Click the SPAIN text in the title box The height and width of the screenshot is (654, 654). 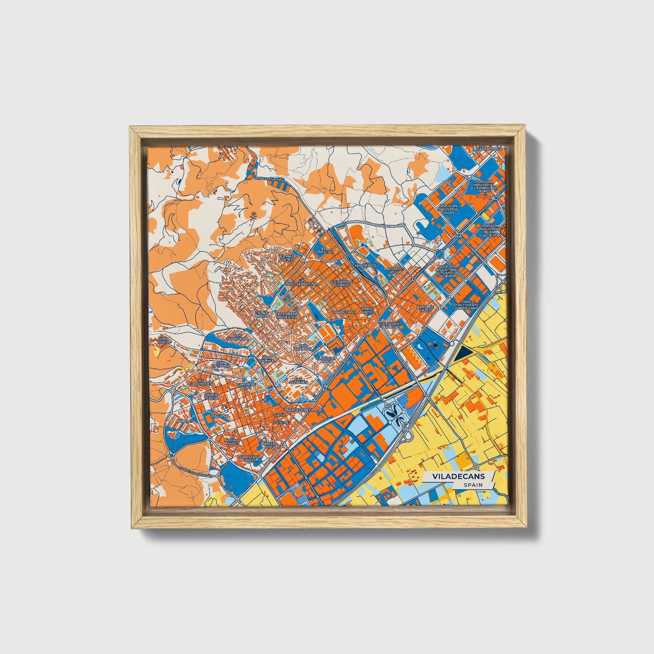pos(473,485)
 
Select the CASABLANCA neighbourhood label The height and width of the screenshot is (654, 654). pos(489,149)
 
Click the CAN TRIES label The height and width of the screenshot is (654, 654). pos(163,340)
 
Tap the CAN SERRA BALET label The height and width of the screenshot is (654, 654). pos(250,459)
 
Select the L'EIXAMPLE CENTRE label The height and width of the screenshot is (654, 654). pos(341,283)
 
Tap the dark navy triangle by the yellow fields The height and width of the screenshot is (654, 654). pos(464,355)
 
